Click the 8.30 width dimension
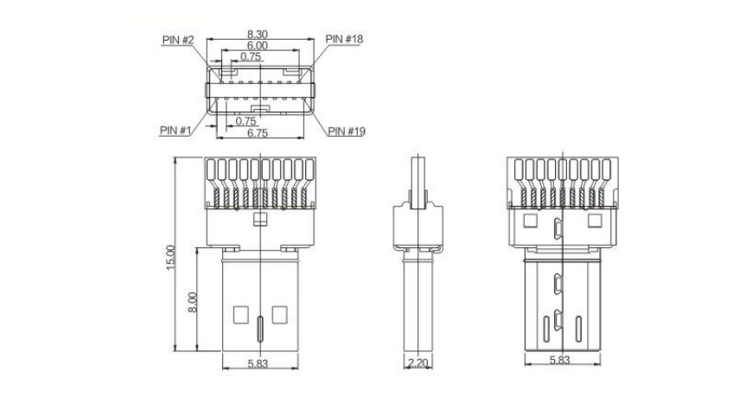(x=258, y=35)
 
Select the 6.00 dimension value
(x=258, y=46)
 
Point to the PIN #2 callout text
(x=178, y=40)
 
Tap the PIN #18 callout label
(x=344, y=39)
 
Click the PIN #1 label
(x=175, y=130)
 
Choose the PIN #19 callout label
(x=347, y=131)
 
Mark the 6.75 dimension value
(x=258, y=133)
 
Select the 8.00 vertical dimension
(x=192, y=302)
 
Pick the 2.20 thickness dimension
(x=418, y=363)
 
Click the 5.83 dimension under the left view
(x=258, y=363)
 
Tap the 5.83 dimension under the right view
(x=559, y=361)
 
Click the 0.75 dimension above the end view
(x=251, y=56)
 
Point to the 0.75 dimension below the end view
(x=246, y=121)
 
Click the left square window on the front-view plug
(x=241, y=315)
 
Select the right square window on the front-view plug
(x=279, y=315)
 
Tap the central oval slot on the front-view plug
(x=260, y=329)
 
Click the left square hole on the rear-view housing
(x=530, y=221)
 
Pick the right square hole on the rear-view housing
(x=595, y=221)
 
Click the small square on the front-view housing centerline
(x=260, y=219)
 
